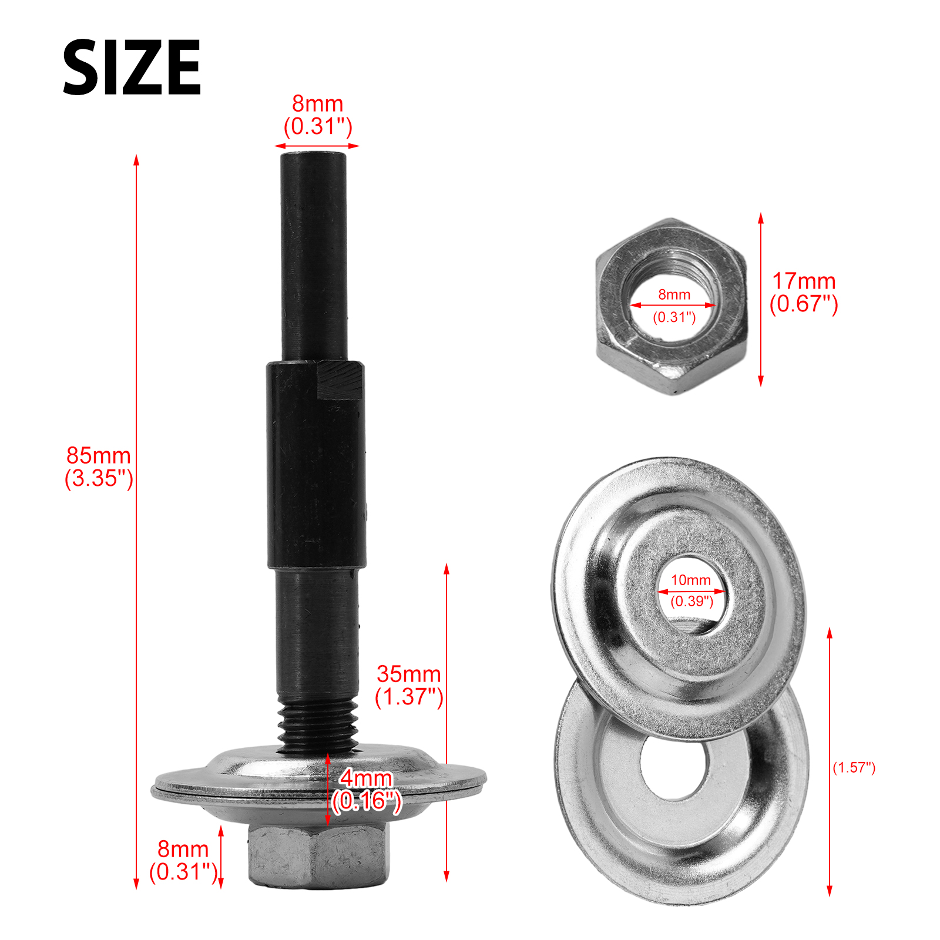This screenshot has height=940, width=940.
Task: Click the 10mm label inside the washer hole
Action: tap(691, 580)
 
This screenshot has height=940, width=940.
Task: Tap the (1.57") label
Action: tap(854, 767)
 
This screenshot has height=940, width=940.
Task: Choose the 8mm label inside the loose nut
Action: tap(674, 294)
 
